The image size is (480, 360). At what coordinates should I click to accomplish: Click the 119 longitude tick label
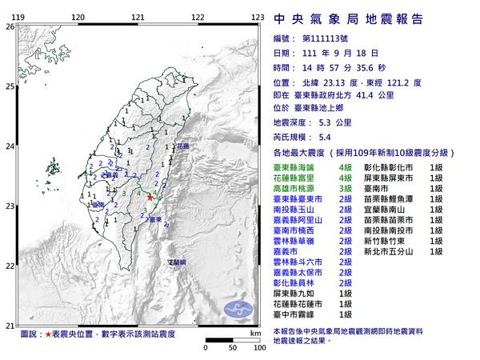pos(18,17)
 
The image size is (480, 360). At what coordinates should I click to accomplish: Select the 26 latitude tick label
pos(10,26)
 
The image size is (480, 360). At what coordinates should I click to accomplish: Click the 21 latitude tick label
pos(10,325)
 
